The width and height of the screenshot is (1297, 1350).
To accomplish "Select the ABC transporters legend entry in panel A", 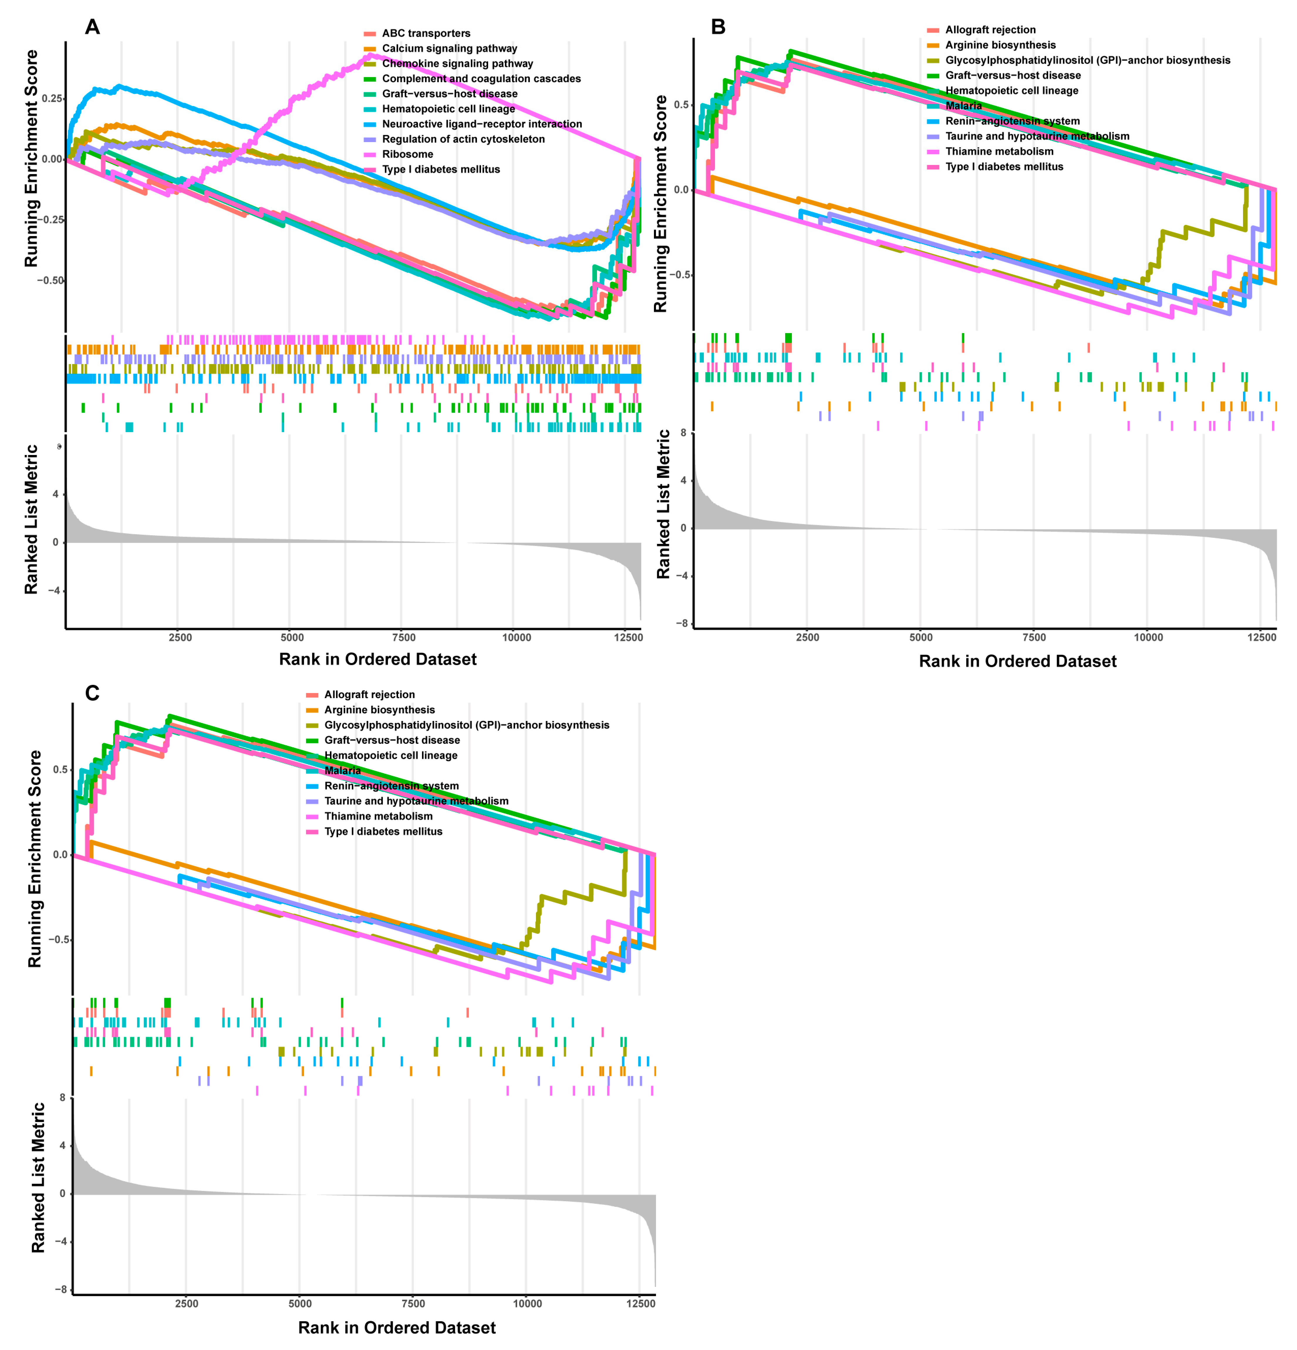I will coord(426,33).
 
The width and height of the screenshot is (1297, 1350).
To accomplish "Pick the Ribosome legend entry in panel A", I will coord(407,154).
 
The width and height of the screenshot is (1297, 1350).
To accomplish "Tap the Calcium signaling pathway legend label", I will coord(449,48).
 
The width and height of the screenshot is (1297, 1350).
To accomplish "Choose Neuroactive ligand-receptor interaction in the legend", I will coord(481,124).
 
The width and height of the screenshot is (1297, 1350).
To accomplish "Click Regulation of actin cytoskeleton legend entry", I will coord(463,139).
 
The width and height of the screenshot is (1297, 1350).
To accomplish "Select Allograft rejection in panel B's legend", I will coord(990,30).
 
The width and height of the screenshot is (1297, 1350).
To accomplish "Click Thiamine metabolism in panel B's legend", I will coord(999,151).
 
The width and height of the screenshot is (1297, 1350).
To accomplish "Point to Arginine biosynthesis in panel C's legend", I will coord(380,709).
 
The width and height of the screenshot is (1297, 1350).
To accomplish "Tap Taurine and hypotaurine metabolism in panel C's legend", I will coord(416,801).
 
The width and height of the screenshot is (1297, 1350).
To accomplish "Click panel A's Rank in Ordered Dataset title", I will coord(377,659).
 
